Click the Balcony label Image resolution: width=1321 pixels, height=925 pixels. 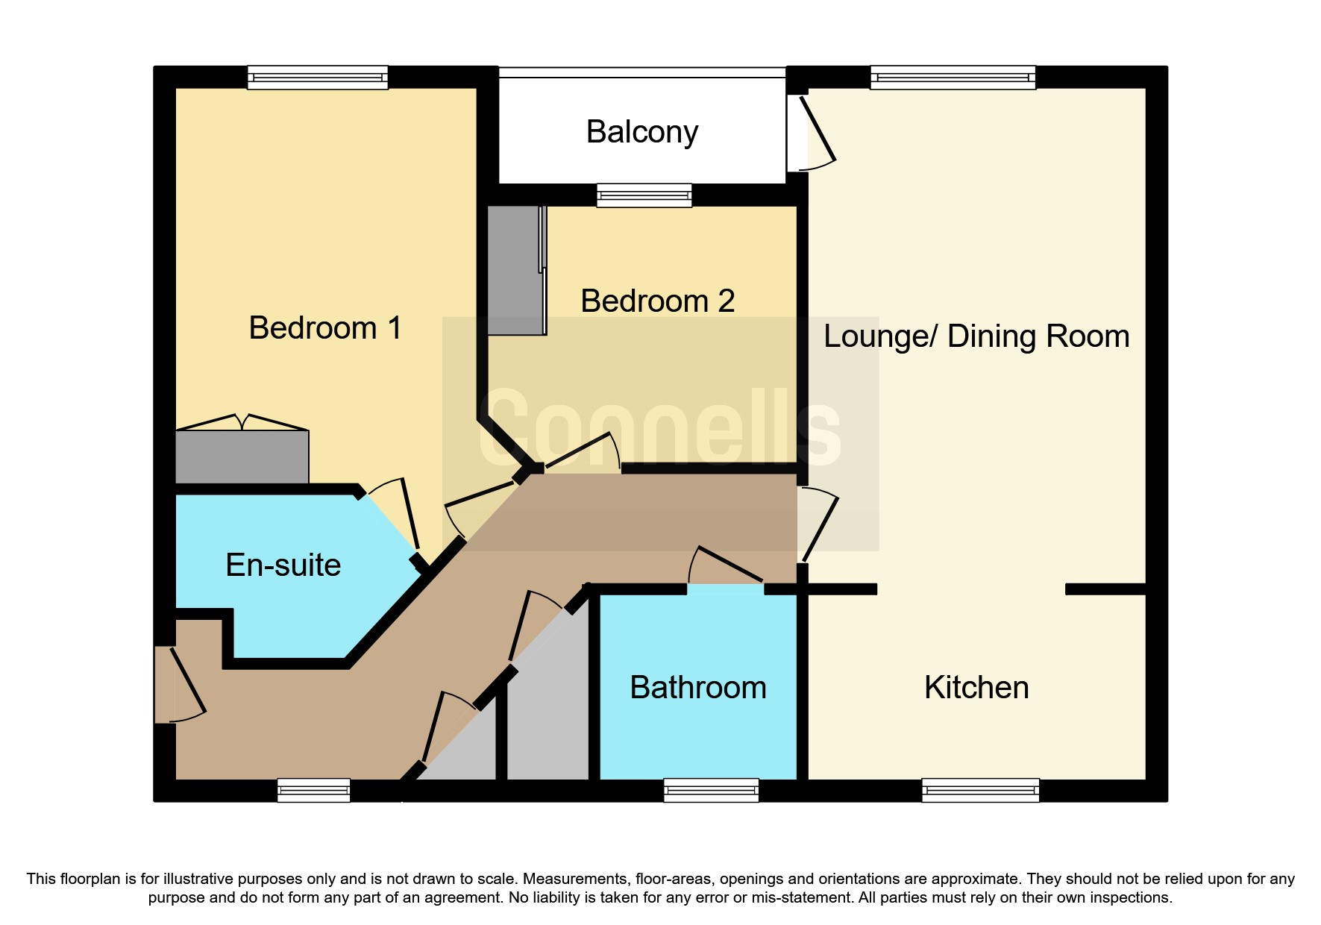point(642,133)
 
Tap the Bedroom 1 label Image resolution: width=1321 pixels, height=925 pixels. point(325,328)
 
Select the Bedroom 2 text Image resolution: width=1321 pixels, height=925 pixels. point(658,301)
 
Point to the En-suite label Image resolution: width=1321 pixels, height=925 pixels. point(283,565)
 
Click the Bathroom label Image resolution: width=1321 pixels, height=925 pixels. point(698,688)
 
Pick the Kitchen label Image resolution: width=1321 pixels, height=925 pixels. point(976,688)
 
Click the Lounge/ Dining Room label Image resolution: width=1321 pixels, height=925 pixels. point(976,337)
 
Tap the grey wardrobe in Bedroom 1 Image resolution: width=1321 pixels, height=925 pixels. point(242,457)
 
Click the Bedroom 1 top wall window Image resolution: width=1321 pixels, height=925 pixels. point(318,78)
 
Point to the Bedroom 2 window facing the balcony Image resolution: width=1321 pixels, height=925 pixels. point(644,195)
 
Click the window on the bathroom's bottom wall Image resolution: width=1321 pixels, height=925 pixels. point(712,790)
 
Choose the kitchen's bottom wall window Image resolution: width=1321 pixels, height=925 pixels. point(980,790)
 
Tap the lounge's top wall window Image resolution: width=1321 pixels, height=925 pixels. point(953,78)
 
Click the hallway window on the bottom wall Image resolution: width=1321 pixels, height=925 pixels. point(313,790)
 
